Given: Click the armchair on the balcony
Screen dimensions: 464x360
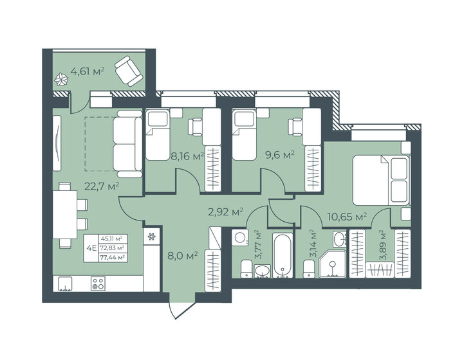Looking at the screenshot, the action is [128, 71].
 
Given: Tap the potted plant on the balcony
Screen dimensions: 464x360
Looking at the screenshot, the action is [61, 80].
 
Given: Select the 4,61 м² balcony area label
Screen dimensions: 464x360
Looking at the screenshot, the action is [88, 71].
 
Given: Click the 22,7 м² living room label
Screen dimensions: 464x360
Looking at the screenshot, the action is [102, 186].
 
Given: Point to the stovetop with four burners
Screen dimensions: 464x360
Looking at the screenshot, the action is [98, 283].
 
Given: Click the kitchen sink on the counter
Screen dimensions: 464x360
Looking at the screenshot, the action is [66, 284].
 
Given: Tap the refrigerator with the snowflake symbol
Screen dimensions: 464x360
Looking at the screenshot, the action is [151, 237].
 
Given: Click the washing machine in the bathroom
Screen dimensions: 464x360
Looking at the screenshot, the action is [240, 237].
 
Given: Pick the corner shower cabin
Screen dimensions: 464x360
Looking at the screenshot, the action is [333, 264].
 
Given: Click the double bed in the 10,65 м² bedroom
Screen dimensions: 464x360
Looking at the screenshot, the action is [382, 180].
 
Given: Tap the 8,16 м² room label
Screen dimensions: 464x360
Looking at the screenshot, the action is [188, 156].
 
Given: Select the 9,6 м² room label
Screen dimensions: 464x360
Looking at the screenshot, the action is [280, 154].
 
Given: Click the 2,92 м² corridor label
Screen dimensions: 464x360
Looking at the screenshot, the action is [226, 212].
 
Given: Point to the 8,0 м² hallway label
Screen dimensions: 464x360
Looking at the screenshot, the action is [183, 256].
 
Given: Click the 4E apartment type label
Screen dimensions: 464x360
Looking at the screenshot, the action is [91, 248].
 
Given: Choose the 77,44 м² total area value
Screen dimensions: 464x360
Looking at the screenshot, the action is [113, 257].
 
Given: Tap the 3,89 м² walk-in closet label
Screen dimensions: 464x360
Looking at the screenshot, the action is [383, 244].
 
